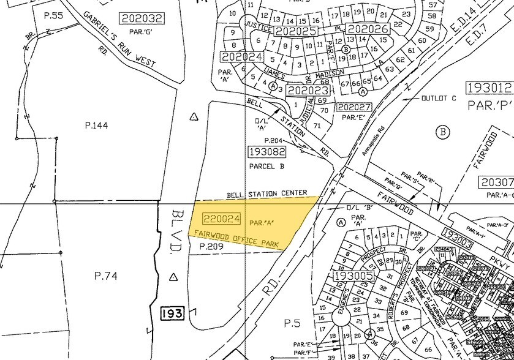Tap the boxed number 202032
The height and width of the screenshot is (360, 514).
click(x=143, y=18)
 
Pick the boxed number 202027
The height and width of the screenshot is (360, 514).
click(x=354, y=107)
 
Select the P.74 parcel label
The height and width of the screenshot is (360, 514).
click(x=105, y=276)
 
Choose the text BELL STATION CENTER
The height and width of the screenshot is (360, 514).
click(x=266, y=193)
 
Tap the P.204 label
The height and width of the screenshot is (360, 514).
click(x=273, y=140)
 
